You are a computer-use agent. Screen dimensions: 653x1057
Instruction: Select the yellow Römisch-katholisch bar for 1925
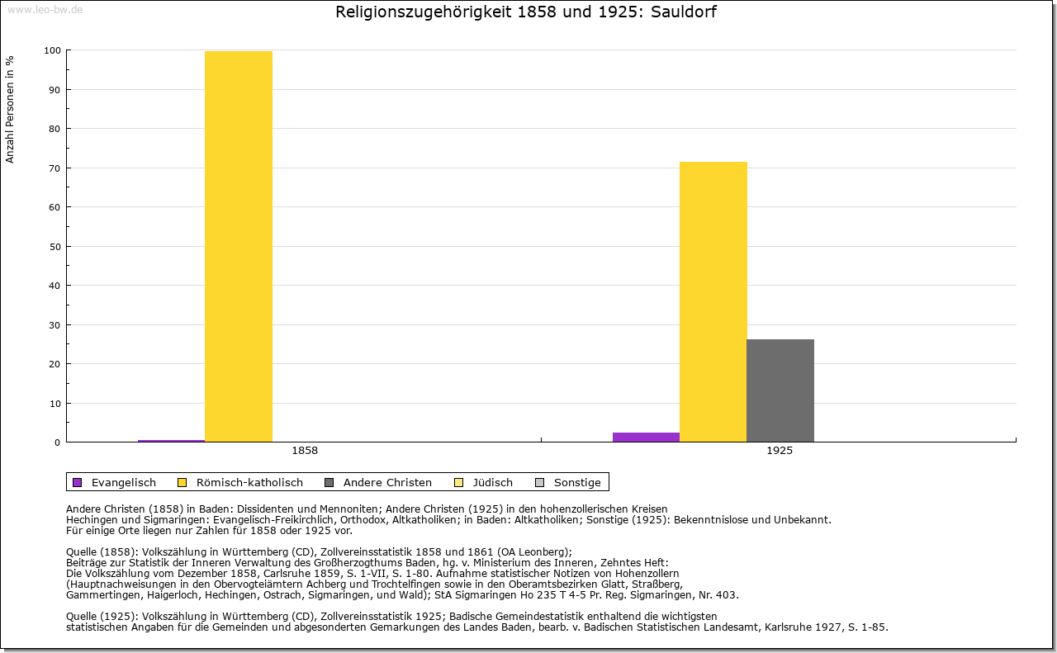[x=713, y=301]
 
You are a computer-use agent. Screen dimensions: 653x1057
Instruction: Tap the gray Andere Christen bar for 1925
[x=780, y=390]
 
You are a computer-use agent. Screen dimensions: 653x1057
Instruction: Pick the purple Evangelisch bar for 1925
[x=646, y=438]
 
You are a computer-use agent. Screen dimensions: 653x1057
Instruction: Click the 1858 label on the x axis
[x=305, y=452]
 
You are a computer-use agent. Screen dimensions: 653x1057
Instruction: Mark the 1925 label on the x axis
[x=780, y=452]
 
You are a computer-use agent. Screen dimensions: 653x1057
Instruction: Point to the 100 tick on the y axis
[x=52, y=50]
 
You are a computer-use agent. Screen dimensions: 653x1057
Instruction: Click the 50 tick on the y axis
[x=55, y=247]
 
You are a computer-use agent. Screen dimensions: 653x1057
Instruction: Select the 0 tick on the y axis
[x=57, y=442]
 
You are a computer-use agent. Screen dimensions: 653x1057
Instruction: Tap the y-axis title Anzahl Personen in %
[x=10, y=109]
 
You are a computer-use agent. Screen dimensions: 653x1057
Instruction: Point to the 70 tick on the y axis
[x=55, y=168]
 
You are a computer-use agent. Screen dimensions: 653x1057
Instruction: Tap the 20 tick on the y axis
[x=55, y=364]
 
